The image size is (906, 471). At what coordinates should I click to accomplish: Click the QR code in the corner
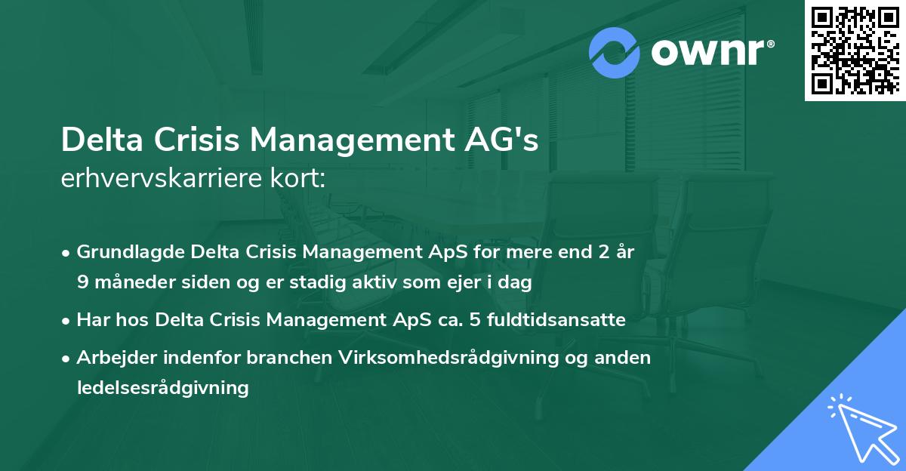coord(855,51)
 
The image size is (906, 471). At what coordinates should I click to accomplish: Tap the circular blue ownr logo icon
coord(615,54)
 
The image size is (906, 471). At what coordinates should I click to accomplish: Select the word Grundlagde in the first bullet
coord(131,252)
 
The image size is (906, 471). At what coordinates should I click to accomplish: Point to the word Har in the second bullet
coord(94,319)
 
